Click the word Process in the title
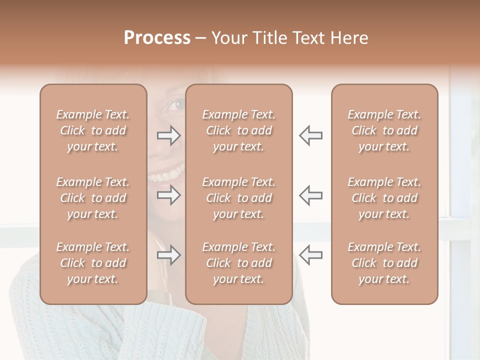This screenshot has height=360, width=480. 157,38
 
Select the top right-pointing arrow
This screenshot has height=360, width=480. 168,135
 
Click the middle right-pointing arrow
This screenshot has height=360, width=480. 168,195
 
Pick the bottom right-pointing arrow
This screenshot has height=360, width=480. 168,255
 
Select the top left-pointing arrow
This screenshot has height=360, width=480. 310,135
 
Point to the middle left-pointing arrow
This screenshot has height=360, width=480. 310,195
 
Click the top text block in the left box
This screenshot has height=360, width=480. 93,130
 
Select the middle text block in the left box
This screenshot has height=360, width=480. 93,198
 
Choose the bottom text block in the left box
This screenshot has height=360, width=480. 93,263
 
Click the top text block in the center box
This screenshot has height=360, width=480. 239,130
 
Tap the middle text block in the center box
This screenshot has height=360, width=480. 239,198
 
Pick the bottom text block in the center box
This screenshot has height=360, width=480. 239,263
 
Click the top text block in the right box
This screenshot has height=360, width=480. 384,130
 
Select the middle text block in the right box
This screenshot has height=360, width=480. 384,198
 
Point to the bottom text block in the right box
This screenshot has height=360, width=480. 384,263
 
